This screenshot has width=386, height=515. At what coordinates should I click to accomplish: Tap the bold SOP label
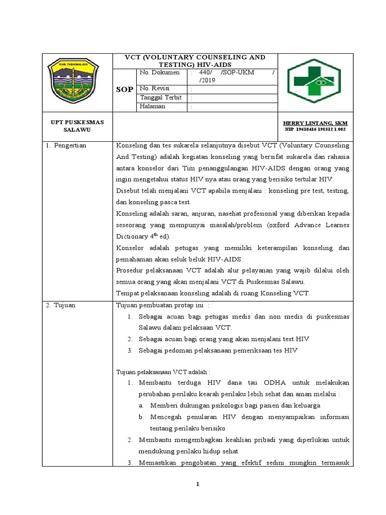pyautogui.click(x=125, y=89)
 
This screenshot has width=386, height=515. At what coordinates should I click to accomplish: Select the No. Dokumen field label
pyautogui.click(x=159, y=72)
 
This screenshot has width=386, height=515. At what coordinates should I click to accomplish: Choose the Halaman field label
pyautogui.click(x=153, y=107)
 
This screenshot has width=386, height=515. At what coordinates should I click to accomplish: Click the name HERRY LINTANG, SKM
pyautogui.click(x=316, y=123)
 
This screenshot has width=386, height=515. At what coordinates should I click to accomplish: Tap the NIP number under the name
pyautogui.click(x=315, y=129)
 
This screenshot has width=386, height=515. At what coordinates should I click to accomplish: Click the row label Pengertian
pyautogui.click(x=70, y=145)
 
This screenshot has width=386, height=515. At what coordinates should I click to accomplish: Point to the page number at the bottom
pyautogui.click(x=198, y=484)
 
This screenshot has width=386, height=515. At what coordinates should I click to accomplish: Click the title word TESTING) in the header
pyautogui.click(x=180, y=65)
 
